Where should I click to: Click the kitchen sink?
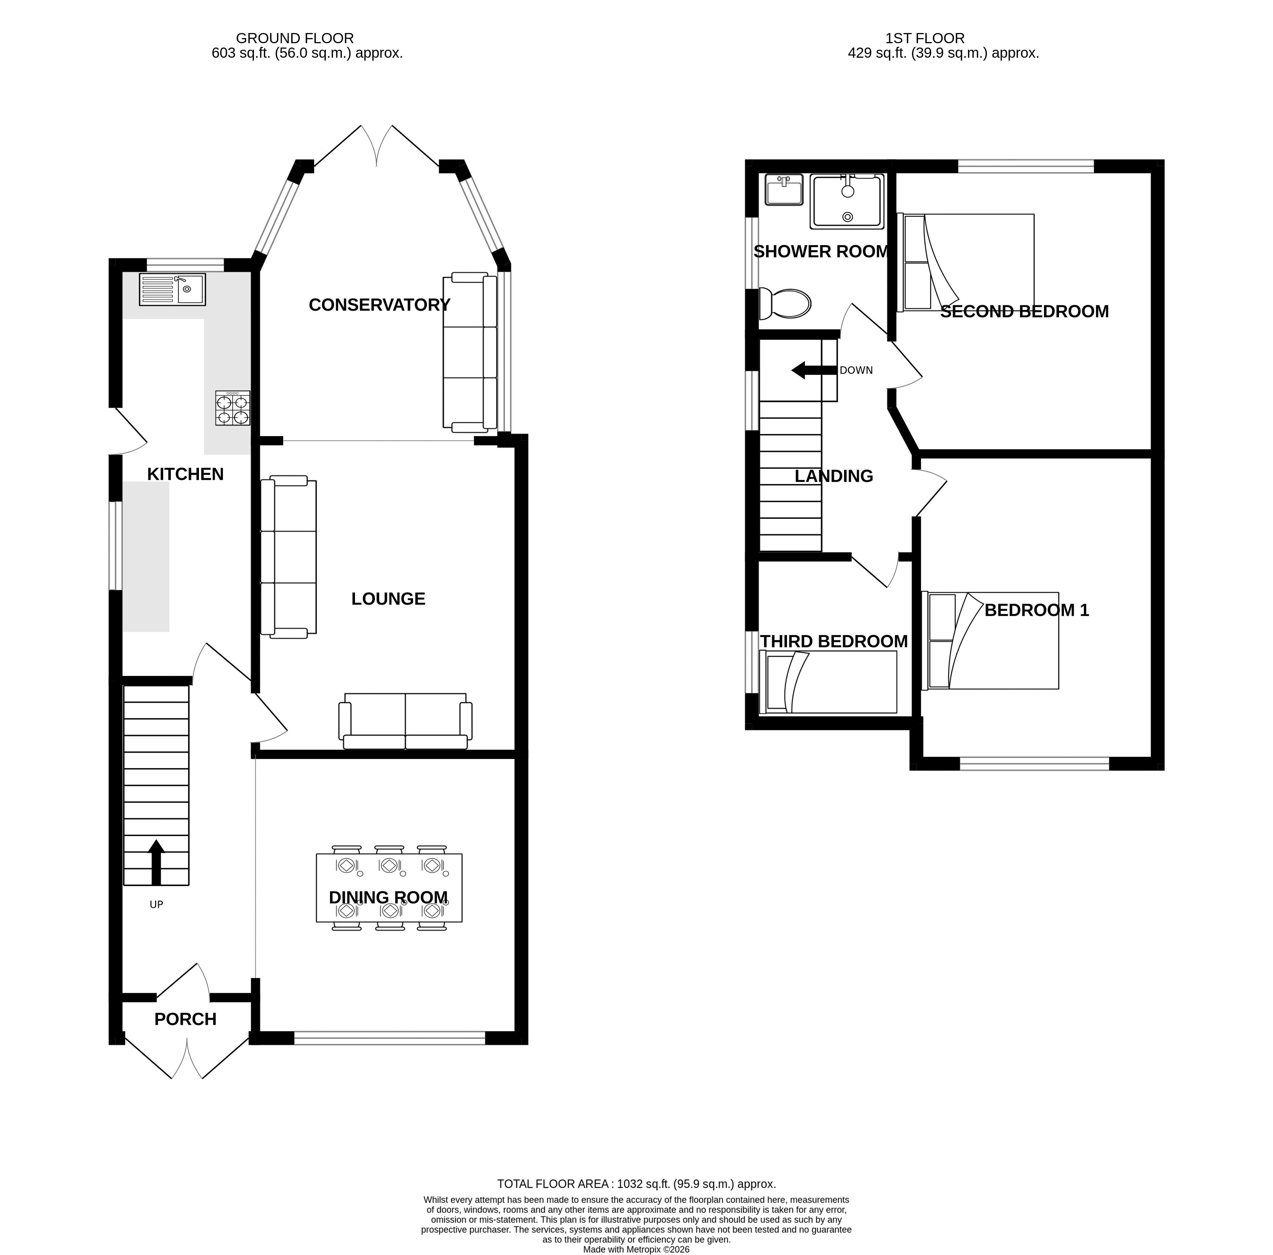[172, 289]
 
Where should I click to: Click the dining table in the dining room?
[389, 888]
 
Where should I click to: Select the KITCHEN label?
[185, 474]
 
